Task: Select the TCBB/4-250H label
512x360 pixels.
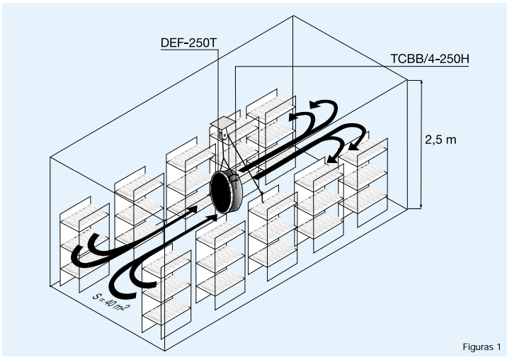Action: pos(430,60)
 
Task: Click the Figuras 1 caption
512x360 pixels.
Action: pos(482,347)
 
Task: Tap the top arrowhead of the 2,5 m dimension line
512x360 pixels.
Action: pos(422,84)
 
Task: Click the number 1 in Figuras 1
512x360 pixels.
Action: pos(499,347)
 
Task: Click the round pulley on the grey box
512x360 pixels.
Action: pos(224,133)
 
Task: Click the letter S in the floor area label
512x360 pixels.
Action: pos(96,293)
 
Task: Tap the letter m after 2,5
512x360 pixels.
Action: pos(451,140)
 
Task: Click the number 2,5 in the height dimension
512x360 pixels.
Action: pos(433,140)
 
